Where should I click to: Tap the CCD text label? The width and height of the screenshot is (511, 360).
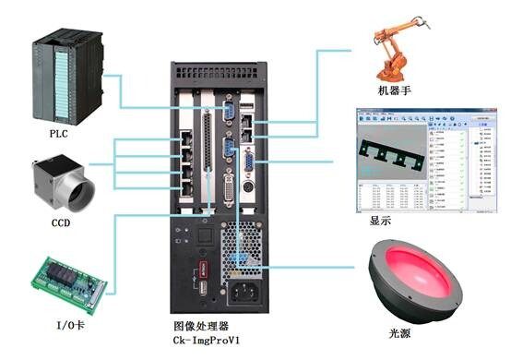pyautogui.click(x=61, y=222)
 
